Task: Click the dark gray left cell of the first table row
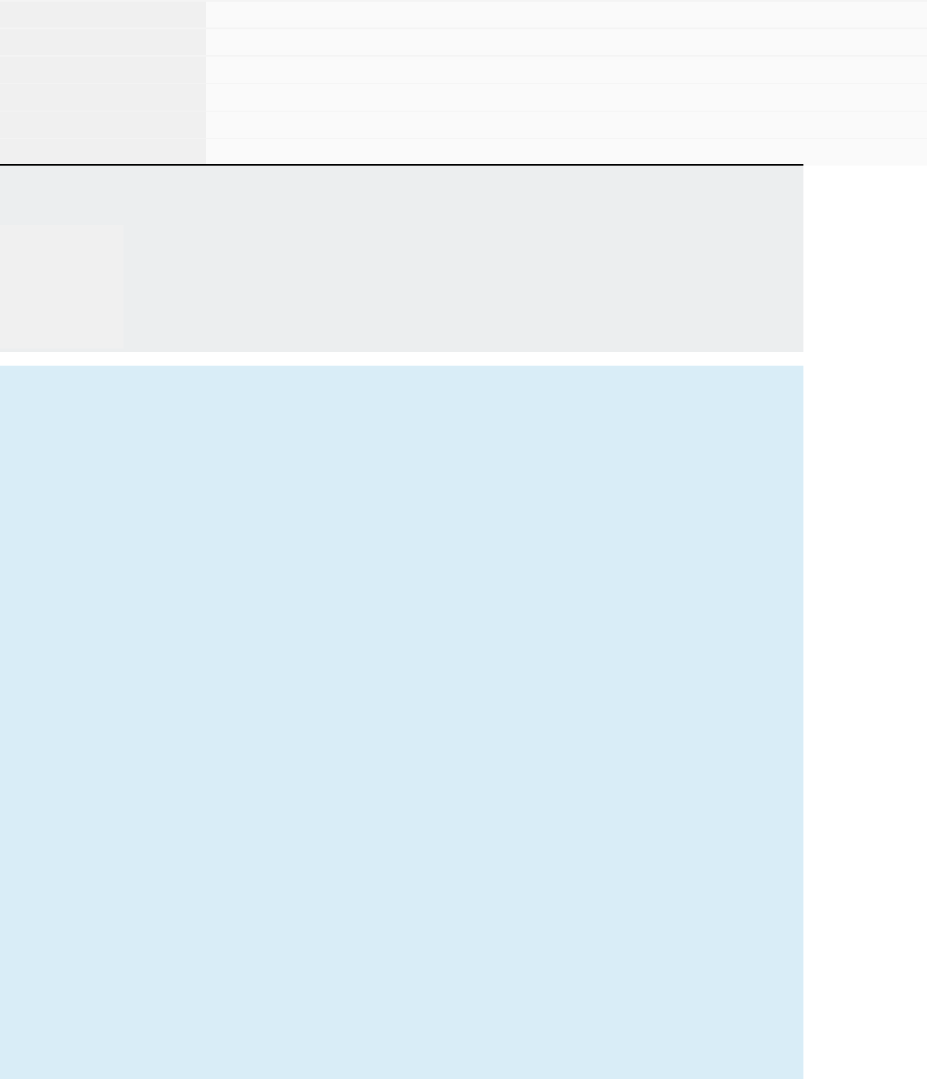[x=103, y=14]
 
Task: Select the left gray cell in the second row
[x=103, y=42]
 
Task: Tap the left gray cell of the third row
[x=103, y=70]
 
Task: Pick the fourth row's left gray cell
[x=103, y=97]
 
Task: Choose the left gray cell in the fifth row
[x=103, y=124]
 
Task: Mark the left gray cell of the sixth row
[x=103, y=151]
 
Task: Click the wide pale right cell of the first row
[x=566, y=14]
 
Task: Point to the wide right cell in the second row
[x=566, y=42]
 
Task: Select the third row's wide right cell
[x=566, y=70]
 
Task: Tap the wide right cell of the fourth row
[x=566, y=97]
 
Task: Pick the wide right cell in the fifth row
[x=566, y=124]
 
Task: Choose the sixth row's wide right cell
[x=566, y=151]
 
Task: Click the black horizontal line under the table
[x=402, y=164]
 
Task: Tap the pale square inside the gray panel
[x=62, y=287]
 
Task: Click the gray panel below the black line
[x=463, y=258]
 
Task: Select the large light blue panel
[x=402, y=721]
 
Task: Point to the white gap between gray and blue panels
[x=402, y=359]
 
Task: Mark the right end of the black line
[x=801, y=164]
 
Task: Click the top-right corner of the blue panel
[x=801, y=367]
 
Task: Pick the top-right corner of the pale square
[x=122, y=226]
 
